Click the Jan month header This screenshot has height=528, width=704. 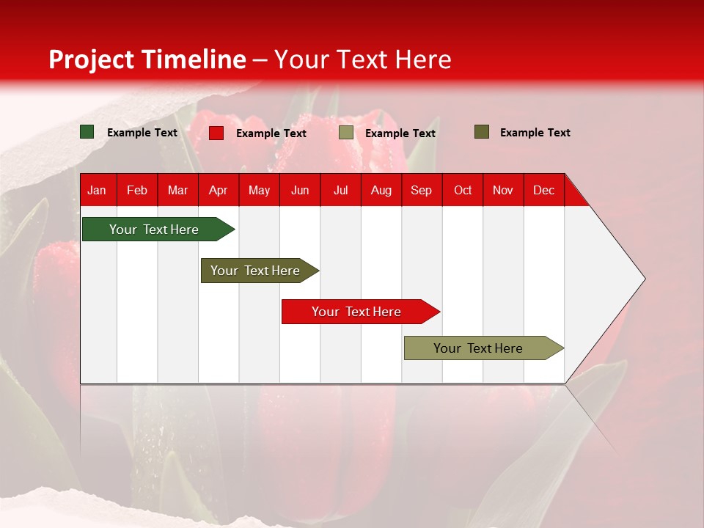(97, 190)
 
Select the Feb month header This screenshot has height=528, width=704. (137, 190)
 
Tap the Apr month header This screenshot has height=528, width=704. (218, 190)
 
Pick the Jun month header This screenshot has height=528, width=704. (300, 190)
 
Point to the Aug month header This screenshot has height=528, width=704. (381, 190)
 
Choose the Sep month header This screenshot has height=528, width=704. (421, 190)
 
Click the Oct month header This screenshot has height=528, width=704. (463, 190)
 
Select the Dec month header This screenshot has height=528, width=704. (543, 190)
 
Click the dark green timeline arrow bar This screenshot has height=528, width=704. (155, 230)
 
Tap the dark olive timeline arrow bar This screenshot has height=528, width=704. (256, 271)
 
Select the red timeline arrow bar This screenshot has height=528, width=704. (357, 312)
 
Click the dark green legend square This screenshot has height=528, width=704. (87, 132)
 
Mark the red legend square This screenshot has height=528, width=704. (216, 133)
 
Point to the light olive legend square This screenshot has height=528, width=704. (346, 133)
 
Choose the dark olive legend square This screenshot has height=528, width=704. (482, 132)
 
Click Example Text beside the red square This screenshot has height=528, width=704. (271, 133)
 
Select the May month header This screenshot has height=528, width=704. (259, 190)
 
